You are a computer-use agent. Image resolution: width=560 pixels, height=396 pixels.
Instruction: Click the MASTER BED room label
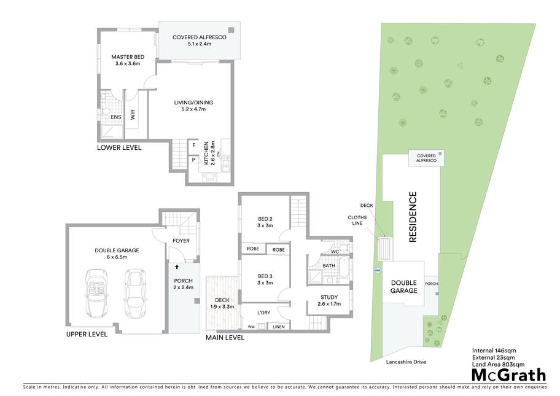pos(128,60)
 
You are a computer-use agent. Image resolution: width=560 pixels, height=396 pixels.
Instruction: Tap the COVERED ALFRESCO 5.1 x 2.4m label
pos(200,41)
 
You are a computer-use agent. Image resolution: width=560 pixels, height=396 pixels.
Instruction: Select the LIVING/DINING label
pos(193,106)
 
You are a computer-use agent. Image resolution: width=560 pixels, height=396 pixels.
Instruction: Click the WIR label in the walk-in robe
pos(133,115)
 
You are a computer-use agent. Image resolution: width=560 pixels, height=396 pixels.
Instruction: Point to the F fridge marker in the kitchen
pos(194,145)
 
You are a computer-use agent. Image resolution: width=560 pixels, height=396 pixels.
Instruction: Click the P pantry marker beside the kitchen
pos(193,160)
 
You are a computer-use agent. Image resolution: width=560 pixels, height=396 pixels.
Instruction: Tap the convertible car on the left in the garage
pos(97,293)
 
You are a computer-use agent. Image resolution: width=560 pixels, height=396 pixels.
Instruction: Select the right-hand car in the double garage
pos(135,293)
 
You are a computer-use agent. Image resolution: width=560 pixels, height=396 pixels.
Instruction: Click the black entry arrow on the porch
pos(177,266)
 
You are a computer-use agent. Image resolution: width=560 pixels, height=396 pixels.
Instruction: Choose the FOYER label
pos(181,241)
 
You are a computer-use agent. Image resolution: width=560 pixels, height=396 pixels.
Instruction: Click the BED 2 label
pos(265,222)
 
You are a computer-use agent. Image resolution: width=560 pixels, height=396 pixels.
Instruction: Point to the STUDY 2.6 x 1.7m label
pos(329,300)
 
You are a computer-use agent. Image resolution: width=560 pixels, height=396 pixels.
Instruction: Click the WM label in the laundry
pos(251,327)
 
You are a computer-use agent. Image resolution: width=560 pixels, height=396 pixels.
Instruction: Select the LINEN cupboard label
pos(279,327)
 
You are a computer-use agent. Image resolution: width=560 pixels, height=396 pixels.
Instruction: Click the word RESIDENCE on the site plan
pos(413,217)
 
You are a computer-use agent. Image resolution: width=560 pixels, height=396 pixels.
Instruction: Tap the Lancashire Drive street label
pos(406,362)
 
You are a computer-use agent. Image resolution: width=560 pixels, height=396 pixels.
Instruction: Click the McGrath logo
pos(509,375)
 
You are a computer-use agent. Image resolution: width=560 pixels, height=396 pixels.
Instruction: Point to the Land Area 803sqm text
pos(498,364)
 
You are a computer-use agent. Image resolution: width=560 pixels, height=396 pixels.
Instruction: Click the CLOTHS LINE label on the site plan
pos(357,220)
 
